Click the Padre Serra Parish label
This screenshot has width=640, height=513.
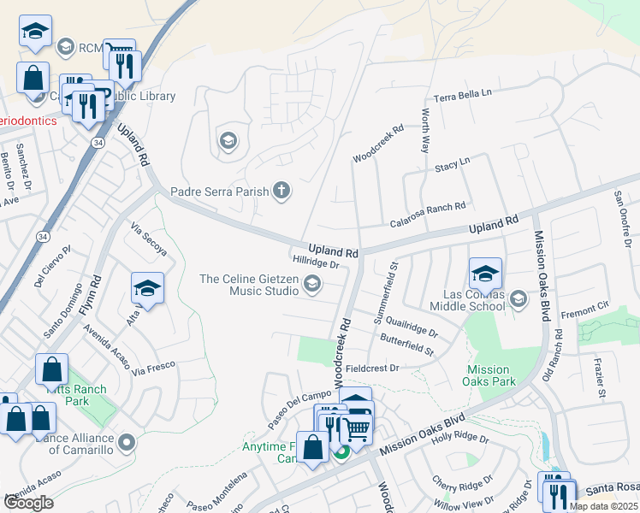219,192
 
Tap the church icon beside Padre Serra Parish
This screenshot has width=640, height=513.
281,192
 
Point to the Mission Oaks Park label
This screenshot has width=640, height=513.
490,375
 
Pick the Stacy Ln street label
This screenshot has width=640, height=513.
453,162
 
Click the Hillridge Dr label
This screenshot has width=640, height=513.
316,264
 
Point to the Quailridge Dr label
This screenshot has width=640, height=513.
411,327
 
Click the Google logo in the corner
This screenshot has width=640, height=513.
29,503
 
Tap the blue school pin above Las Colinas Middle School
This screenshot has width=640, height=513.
485,274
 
